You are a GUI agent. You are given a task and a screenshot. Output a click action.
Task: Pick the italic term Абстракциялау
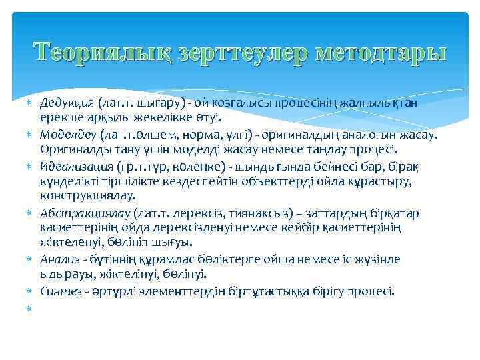[85, 213]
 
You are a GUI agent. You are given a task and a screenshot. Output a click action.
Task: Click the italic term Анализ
[57, 259]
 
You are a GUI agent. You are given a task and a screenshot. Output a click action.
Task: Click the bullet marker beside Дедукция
[29, 103]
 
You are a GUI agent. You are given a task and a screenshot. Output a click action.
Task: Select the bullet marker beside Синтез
[29, 291]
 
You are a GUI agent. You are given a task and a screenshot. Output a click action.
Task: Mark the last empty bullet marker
[29, 307]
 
